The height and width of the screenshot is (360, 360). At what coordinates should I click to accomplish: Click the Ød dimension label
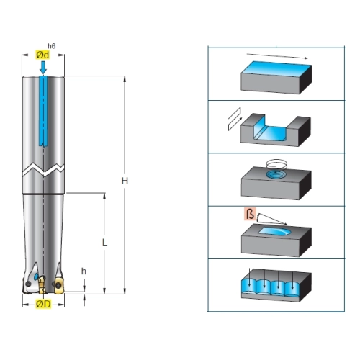click(x=42, y=55)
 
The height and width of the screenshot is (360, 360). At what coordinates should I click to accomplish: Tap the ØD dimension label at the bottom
click(x=43, y=304)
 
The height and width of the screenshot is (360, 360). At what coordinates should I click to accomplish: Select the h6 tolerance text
click(x=52, y=46)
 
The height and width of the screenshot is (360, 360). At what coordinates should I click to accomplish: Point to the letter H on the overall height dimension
click(x=125, y=181)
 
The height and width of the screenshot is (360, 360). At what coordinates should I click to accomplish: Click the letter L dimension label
click(x=104, y=243)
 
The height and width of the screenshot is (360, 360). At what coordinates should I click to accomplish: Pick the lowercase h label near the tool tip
click(x=84, y=271)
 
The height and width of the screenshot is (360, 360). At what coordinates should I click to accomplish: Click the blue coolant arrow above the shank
click(x=43, y=67)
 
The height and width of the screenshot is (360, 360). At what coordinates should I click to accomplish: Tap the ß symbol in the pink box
click(x=250, y=214)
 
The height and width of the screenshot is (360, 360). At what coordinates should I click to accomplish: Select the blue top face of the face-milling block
click(x=276, y=69)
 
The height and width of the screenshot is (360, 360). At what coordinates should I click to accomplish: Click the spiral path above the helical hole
click(x=276, y=165)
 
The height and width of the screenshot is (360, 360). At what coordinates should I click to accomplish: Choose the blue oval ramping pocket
click(x=275, y=231)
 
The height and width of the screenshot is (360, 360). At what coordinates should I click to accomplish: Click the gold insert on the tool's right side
click(x=59, y=286)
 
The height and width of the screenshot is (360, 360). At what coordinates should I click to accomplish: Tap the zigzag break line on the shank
click(x=43, y=170)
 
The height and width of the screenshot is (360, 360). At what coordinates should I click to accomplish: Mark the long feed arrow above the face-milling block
click(x=277, y=56)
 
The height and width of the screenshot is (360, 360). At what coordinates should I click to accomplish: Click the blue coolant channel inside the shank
click(x=43, y=111)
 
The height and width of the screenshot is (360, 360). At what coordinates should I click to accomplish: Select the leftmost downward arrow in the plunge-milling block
click(x=250, y=277)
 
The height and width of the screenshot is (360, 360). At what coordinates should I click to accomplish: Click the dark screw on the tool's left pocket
click(x=28, y=284)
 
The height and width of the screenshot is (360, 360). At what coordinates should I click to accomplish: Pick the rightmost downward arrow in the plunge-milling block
click(x=292, y=280)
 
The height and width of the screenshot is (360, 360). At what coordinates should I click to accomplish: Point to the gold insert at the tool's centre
click(x=42, y=285)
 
